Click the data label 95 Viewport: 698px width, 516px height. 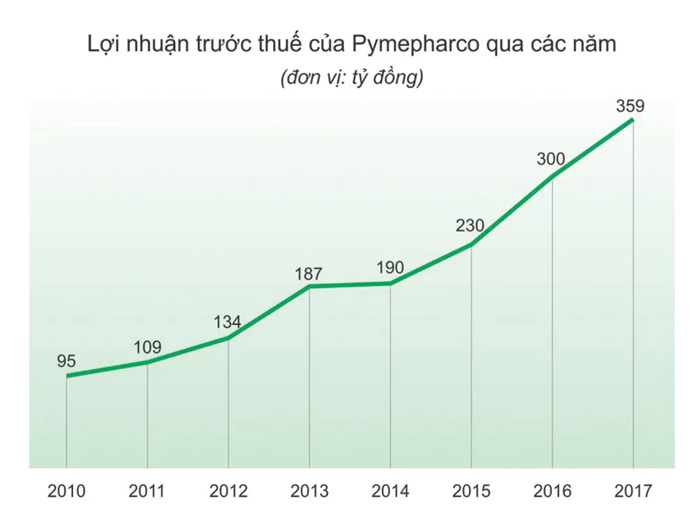pos(66,361)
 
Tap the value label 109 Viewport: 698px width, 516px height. pos(147,347)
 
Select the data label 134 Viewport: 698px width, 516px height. pos(228,322)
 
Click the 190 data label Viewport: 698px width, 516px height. pos(389,268)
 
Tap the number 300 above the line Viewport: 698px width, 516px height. pos(551,159)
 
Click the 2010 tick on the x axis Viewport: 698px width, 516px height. pos(66,492)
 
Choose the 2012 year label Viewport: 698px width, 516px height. pos(228,492)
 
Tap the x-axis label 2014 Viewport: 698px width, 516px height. pos(390,492)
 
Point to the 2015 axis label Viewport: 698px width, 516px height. pos(471,492)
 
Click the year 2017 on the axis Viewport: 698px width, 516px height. pos(633,492)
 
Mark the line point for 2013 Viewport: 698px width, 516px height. pos(309,286)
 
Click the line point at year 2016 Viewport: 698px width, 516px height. pos(552,176)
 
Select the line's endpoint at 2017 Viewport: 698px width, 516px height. pos(633,120)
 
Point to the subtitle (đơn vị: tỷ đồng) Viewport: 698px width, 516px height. pos(351,78)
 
